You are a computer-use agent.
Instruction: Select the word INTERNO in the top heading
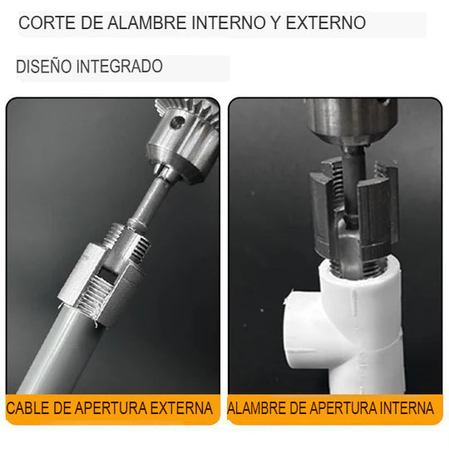[229, 23]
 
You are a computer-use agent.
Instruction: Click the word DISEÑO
[43, 67]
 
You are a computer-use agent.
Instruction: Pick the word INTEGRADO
[120, 67]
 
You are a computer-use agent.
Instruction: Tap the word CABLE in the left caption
[27, 409]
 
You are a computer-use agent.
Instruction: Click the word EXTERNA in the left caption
[181, 409]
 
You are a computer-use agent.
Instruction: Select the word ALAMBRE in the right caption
[257, 409]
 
